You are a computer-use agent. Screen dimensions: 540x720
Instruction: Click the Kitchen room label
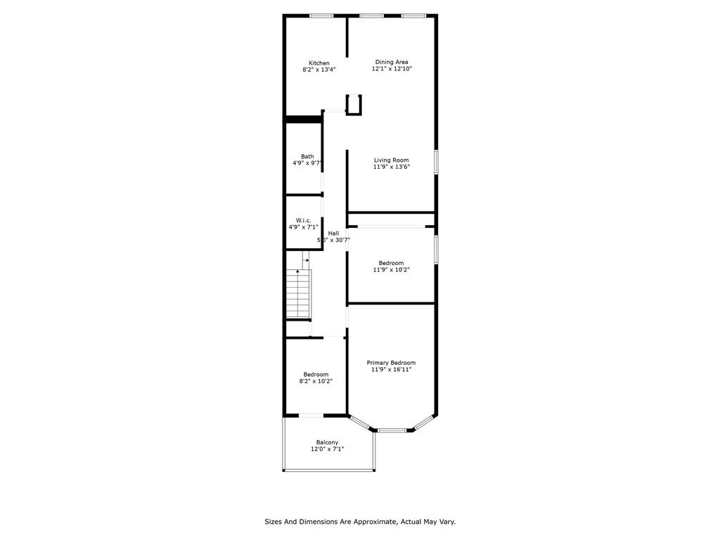[319, 63]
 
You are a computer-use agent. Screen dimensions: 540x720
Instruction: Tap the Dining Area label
[391, 62]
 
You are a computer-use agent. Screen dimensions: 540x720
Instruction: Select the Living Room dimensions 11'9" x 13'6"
[391, 167]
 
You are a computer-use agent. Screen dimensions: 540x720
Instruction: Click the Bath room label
[307, 157]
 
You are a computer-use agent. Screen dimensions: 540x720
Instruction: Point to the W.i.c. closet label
[304, 221]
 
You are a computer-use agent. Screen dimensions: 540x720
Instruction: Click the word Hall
[333, 233]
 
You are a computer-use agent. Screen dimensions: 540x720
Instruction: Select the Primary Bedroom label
[391, 363]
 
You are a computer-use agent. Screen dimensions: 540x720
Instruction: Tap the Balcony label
[327, 442]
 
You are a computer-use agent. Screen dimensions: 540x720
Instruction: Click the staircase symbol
[298, 293]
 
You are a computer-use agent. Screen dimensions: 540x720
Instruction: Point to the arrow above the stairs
[305, 260]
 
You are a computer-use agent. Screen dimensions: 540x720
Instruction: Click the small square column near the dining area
[354, 105]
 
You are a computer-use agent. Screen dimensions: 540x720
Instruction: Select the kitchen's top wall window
[322, 15]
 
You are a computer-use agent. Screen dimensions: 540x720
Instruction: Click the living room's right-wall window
[436, 161]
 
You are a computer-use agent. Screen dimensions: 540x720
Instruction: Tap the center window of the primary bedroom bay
[392, 430]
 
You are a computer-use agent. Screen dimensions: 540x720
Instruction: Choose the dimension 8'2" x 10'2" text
[316, 381]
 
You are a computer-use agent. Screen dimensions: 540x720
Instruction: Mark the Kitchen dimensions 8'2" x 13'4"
[319, 70]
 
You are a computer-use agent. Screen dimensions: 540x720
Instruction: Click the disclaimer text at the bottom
[360, 522]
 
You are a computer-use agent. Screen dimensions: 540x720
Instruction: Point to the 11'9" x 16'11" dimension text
[391, 369]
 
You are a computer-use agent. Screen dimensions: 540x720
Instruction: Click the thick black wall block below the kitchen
[303, 119]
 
